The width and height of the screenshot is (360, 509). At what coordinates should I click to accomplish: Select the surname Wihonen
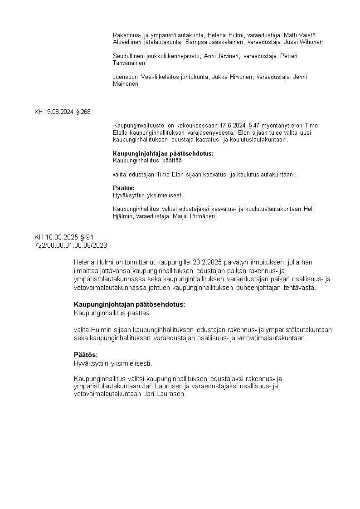coord(311,42)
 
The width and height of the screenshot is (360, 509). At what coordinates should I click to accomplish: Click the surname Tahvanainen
coord(129,63)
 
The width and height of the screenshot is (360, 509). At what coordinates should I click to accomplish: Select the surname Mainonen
coord(126,84)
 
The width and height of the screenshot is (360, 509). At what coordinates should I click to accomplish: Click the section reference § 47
coord(256,126)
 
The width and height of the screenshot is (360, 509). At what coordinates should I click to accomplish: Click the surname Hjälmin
coord(124,216)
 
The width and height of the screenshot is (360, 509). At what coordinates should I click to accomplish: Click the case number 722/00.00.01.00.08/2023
coord(70,245)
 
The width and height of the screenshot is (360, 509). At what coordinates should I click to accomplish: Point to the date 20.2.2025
coord(206,262)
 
